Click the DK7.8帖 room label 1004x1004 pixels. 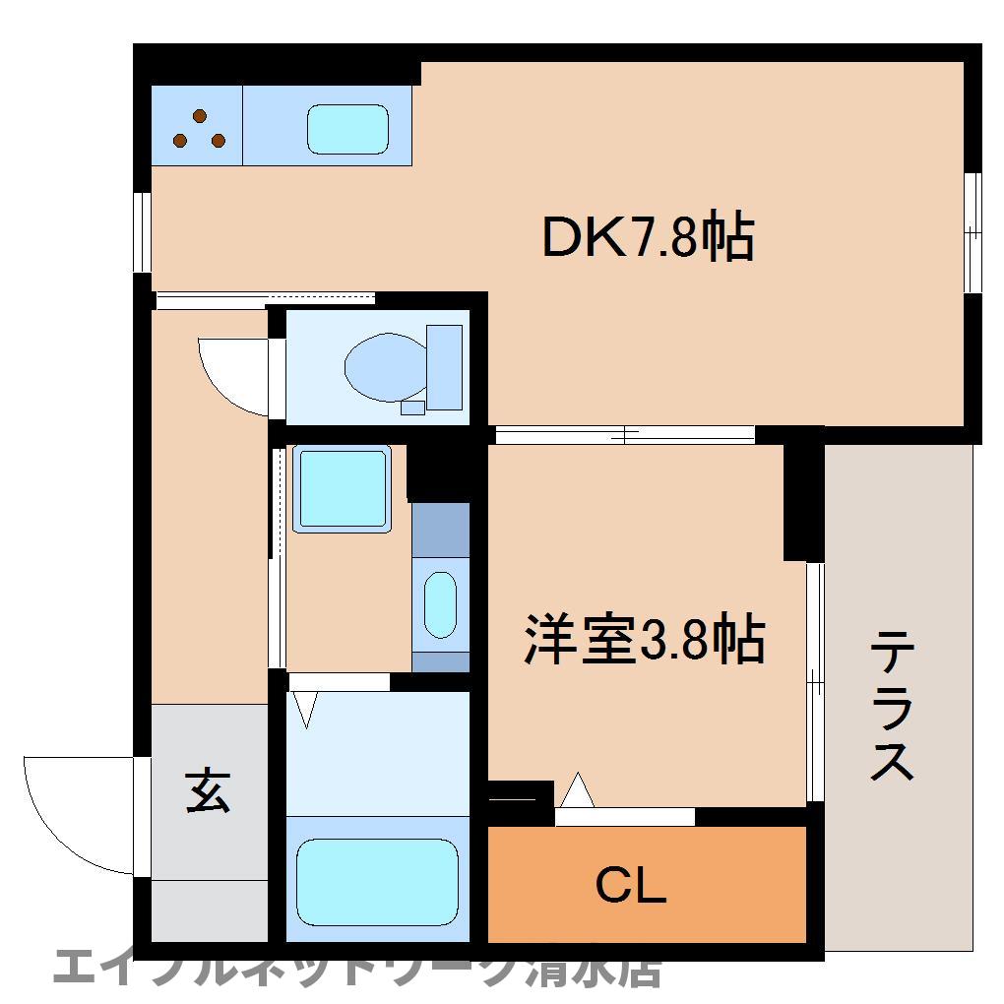(x=649, y=238)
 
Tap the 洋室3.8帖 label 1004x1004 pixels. (x=644, y=640)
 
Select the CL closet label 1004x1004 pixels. (x=631, y=887)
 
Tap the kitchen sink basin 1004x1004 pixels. (x=347, y=129)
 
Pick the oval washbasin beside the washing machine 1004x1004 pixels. (x=440, y=605)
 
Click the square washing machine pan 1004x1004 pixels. (x=343, y=488)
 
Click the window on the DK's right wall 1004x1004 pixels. (x=973, y=232)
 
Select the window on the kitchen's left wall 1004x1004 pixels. (x=144, y=230)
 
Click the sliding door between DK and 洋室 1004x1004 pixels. (x=624, y=434)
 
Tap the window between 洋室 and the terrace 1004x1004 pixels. (x=814, y=680)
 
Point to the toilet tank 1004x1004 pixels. (x=444, y=366)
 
